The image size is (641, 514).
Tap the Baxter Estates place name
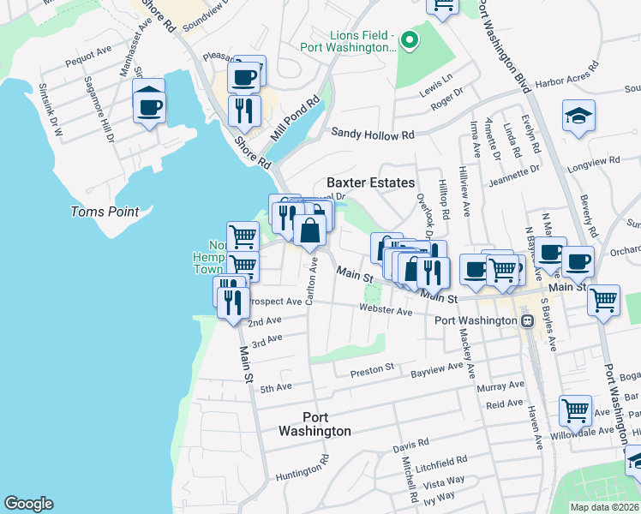coord(370,182)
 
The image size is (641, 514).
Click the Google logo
coord(28,504)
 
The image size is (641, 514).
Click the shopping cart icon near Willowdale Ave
coord(574,409)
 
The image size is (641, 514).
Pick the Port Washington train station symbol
coord(528,320)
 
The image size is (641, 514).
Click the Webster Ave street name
coord(392,311)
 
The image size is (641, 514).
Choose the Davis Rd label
coord(411,445)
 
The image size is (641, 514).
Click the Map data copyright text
coord(604,507)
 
